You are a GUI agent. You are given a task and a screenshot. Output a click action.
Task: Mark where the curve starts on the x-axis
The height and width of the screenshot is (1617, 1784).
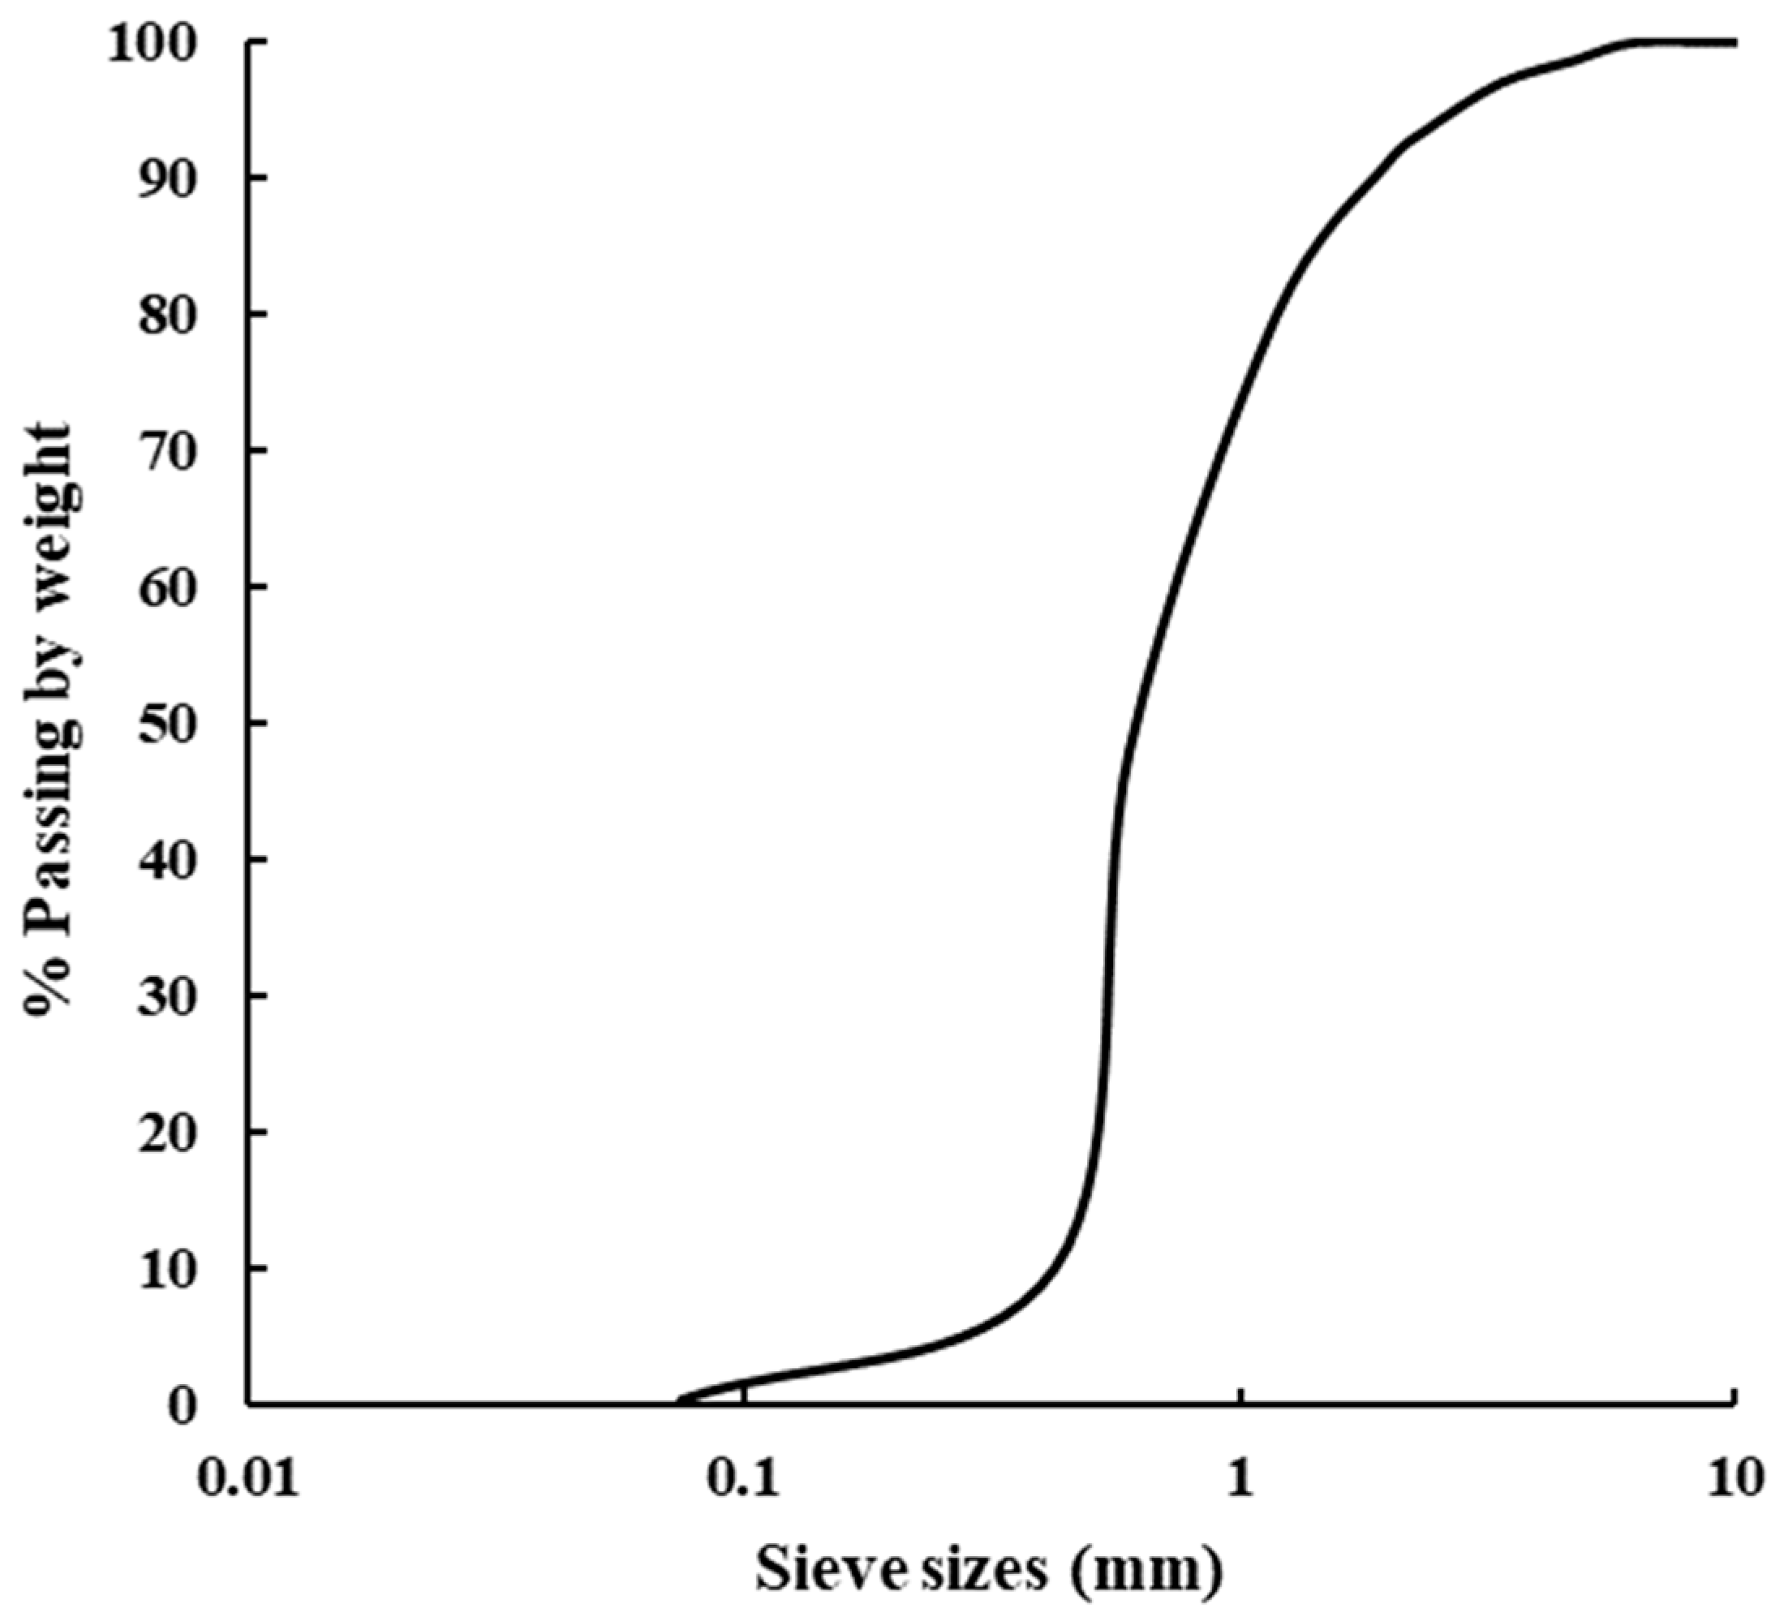[x=679, y=1402]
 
